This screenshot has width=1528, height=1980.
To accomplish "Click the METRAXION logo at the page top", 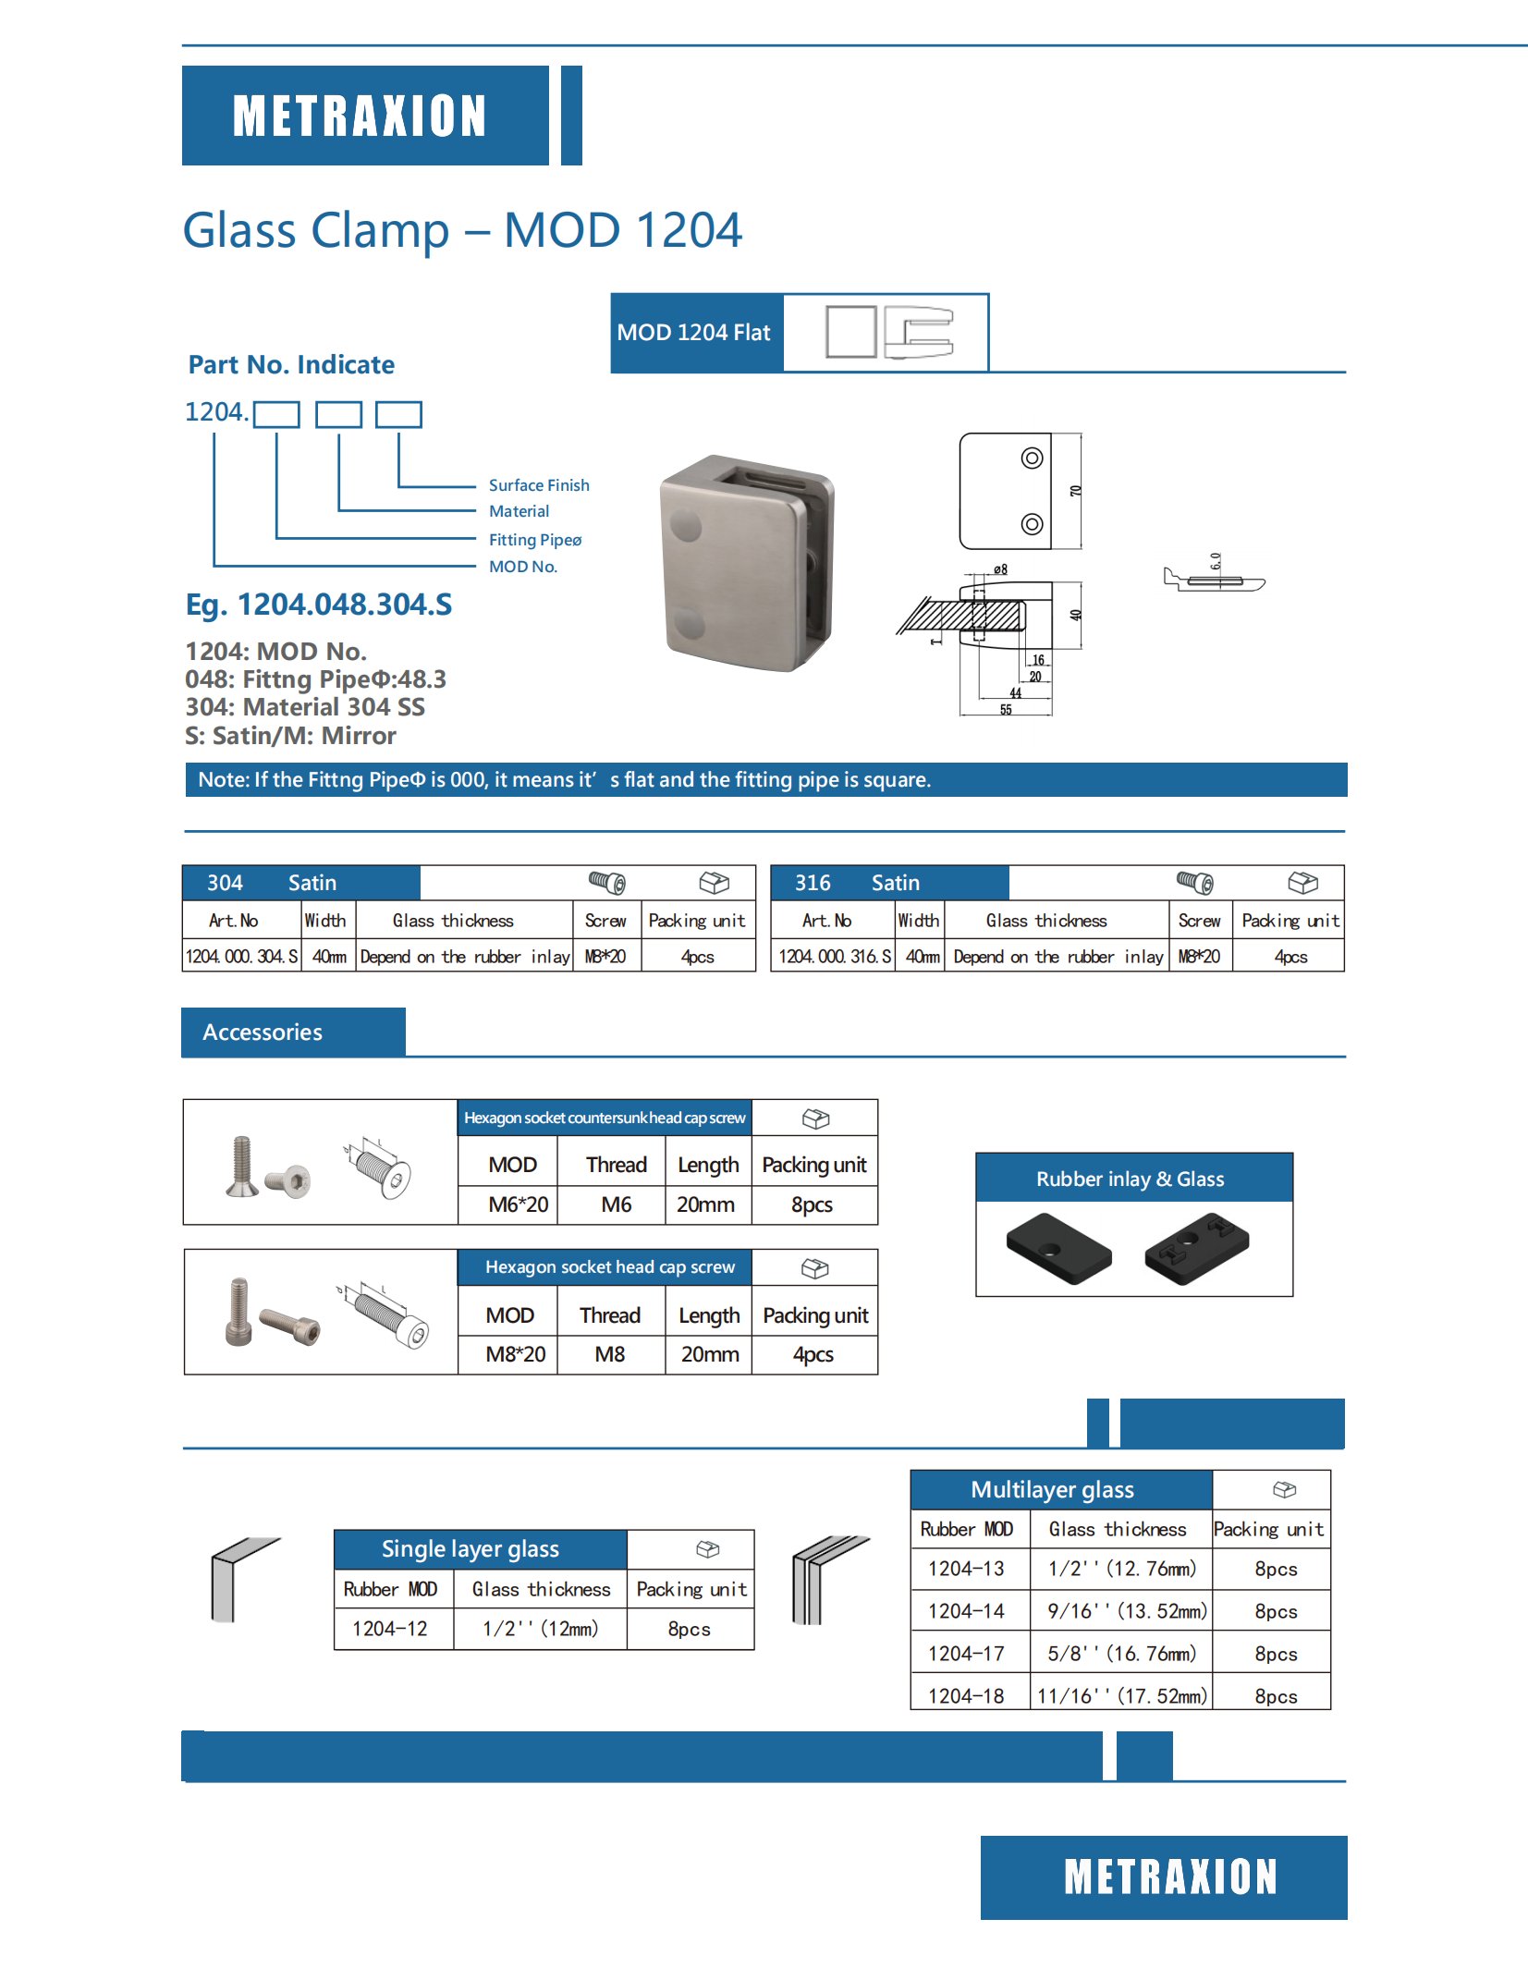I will [360, 116].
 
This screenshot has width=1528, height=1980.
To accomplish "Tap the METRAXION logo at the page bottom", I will [1170, 1877].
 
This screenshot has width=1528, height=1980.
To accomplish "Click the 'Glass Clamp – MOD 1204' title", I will [462, 230].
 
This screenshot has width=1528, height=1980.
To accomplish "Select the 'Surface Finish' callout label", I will [539, 485].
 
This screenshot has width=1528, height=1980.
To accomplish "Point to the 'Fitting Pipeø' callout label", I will [535, 540].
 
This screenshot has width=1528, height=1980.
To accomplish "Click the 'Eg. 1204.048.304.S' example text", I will [319, 605].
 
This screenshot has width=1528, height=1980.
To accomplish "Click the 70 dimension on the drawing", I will [1075, 491].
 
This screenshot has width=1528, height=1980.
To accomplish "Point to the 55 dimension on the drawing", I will [1006, 710].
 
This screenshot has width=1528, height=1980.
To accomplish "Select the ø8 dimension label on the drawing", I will [1000, 569].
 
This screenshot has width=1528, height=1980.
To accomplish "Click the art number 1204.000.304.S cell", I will [242, 957].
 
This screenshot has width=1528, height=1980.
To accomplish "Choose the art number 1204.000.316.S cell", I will [835, 957].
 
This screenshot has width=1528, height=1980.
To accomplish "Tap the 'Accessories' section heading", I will [263, 1033].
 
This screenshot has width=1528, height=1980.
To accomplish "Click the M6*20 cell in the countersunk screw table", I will [518, 1204].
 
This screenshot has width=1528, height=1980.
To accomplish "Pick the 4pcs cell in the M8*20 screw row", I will [813, 1354].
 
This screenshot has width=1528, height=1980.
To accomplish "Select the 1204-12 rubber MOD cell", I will [390, 1629].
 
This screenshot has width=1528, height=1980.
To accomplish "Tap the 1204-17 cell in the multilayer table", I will [966, 1654].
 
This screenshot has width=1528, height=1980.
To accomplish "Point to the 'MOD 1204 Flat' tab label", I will [693, 333].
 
